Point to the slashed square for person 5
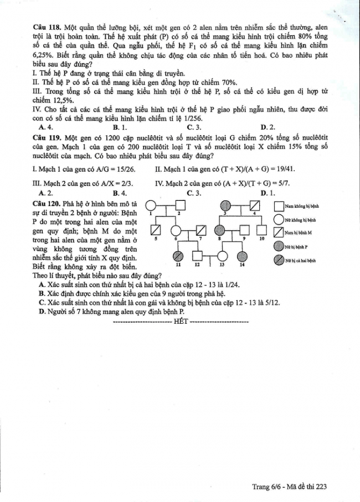(157, 230)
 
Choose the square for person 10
(263, 230)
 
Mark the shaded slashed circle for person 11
(179, 256)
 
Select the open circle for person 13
(222, 256)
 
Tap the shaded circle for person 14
(242, 256)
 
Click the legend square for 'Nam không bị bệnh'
(279, 206)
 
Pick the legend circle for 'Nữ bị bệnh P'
(279, 246)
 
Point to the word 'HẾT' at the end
(181, 320)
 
